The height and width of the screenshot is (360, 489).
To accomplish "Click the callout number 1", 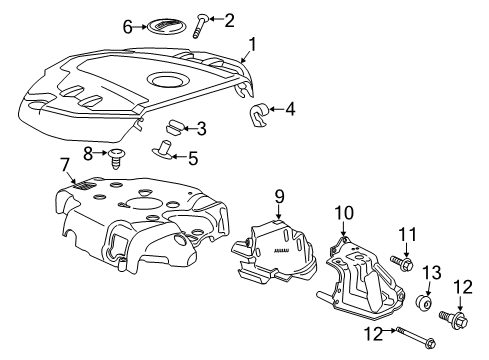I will [253, 43].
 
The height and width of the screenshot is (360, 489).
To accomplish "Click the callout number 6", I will [127, 27].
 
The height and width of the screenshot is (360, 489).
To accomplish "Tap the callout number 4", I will [290, 107].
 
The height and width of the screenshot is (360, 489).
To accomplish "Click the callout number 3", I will [201, 128].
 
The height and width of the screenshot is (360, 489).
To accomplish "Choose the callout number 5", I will [194, 157].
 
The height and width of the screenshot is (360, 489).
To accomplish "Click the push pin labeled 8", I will [119, 157].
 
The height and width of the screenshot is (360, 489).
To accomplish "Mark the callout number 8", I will [89, 153].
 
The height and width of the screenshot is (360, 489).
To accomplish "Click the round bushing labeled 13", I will [425, 303].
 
